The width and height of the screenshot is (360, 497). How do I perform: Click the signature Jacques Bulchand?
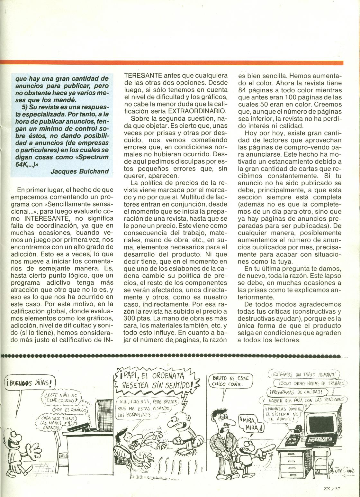pos(79,171)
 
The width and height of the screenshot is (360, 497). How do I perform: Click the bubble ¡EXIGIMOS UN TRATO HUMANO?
pos(303,374)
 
